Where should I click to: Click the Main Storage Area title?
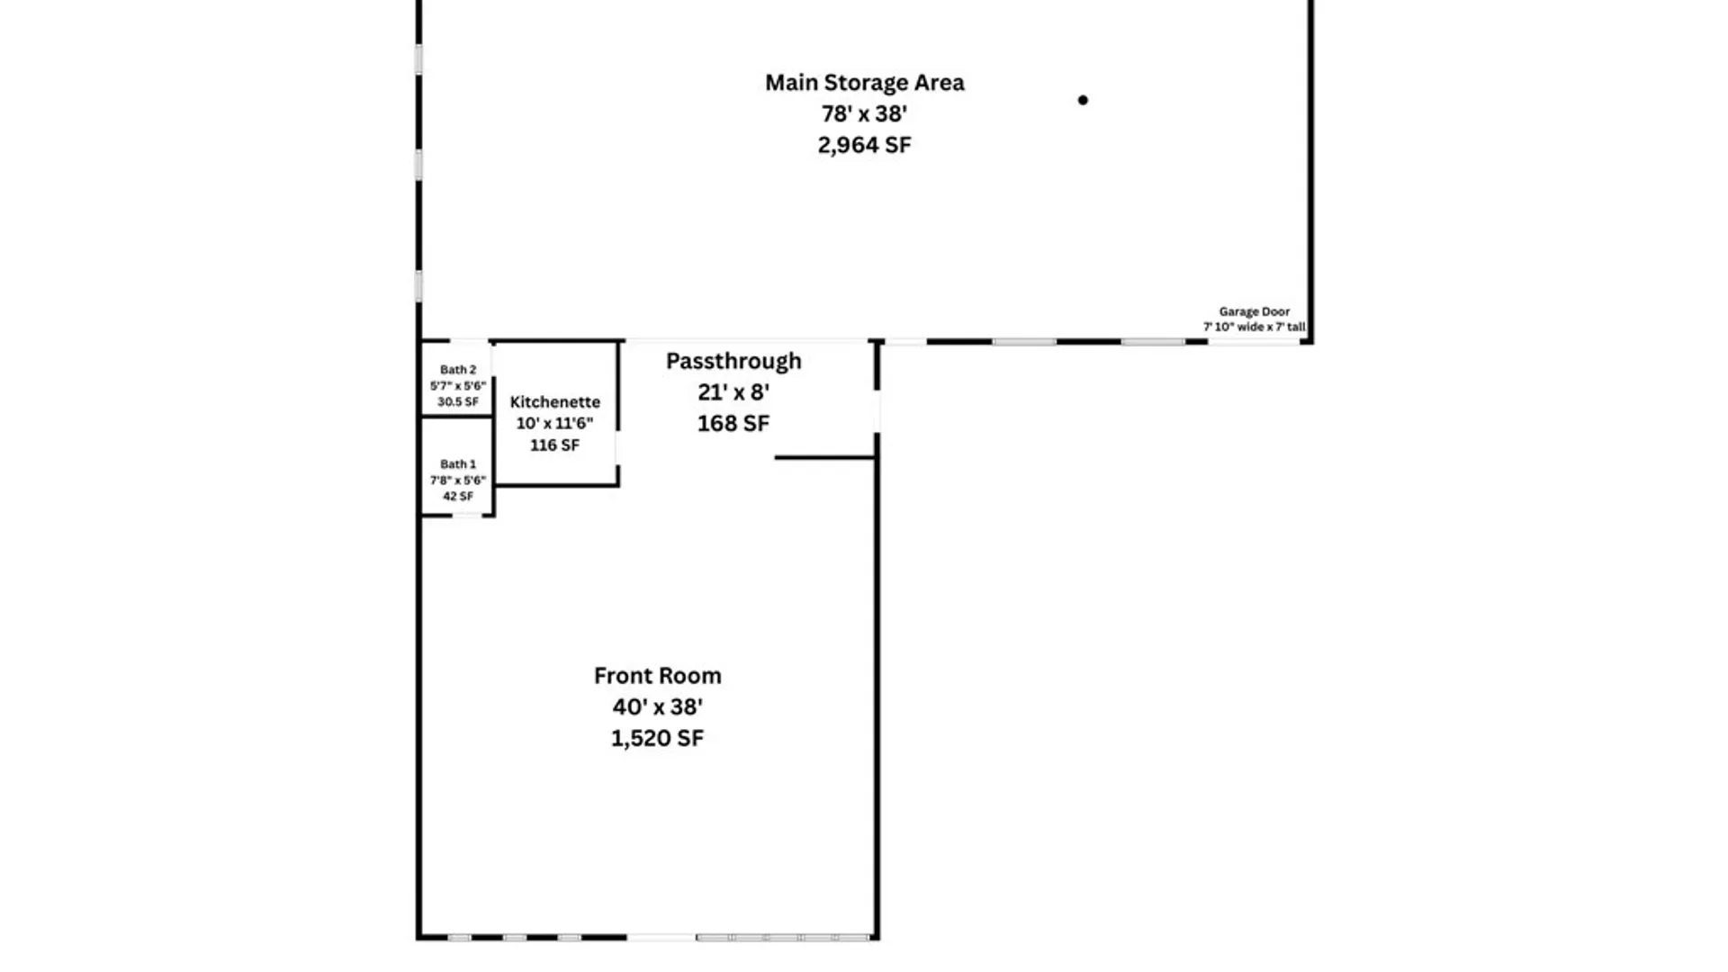(x=864, y=83)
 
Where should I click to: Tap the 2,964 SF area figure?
(x=864, y=145)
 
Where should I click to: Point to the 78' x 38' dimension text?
(x=864, y=114)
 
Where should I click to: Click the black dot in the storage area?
(x=1083, y=100)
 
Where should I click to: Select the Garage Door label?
(x=1255, y=311)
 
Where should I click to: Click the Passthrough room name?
(x=733, y=362)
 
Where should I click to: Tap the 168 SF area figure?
(x=733, y=424)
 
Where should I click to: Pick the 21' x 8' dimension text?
(x=733, y=392)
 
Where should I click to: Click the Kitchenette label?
(x=555, y=402)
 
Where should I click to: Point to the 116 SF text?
(x=555, y=445)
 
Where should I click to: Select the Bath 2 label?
(x=458, y=370)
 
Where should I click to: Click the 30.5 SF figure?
(x=458, y=402)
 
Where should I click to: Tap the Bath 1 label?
(x=458, y=464)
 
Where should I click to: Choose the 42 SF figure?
(x=458, y=497)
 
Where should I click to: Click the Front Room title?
(x=658, y=676)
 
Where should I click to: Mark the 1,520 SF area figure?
(x=658, y=739)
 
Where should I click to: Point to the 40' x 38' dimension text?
(x=658, y=707)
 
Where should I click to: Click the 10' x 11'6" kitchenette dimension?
(x=555, y=424)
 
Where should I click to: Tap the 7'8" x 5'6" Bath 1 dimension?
(x=458, y=481)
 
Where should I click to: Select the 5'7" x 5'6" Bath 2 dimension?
(x=458, y=386)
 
